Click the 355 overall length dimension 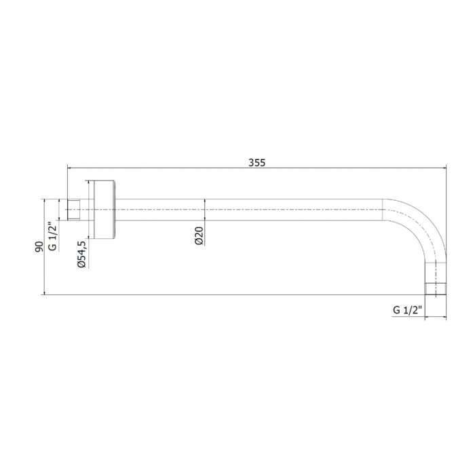[x=257, y=163]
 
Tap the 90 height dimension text [x=39, y=246]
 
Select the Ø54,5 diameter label [x=82, y=254]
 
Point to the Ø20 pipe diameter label [x=199, y=235]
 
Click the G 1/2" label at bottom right [x=407, y=310]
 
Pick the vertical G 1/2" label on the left [x=53, y=236]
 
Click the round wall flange [x=105, y=210]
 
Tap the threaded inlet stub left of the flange [x=73, y=210]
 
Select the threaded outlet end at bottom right [x=436, y=289]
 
